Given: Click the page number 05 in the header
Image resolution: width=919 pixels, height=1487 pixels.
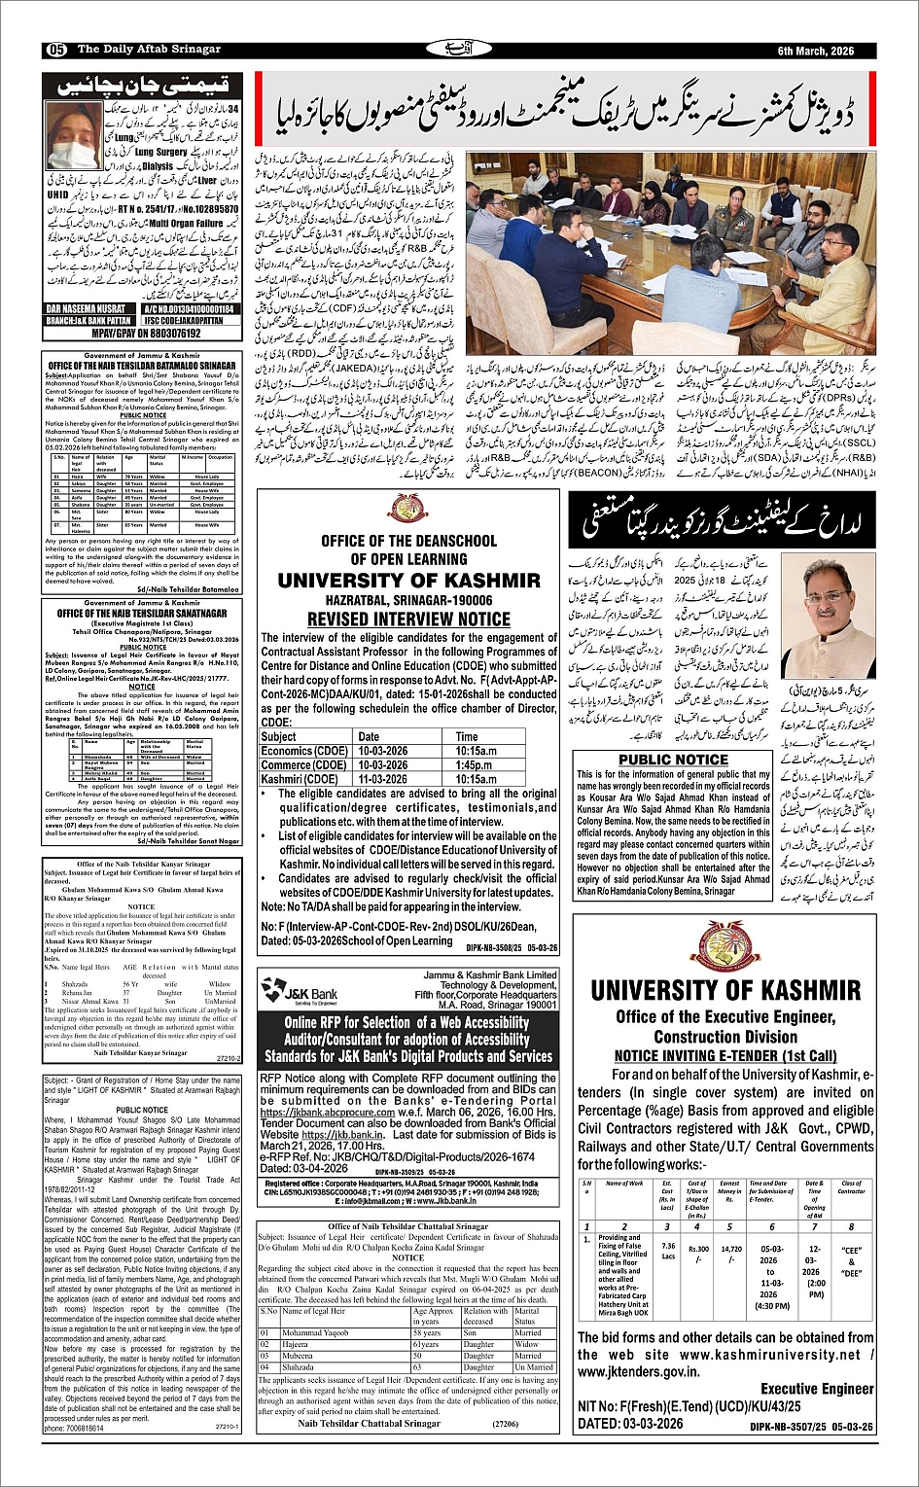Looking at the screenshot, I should tap(55, 50).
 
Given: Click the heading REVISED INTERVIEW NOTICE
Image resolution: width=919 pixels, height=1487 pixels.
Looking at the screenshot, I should tap(408, 619).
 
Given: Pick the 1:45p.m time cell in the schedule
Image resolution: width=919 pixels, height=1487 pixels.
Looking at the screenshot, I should tap(477, 765).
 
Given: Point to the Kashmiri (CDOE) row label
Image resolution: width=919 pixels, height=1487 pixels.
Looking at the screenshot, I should tap(299, 779).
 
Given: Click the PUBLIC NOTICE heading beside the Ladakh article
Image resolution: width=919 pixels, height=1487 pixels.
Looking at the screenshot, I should tap(673, 760).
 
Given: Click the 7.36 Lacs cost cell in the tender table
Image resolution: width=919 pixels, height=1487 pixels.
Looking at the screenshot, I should tap(667, 1250).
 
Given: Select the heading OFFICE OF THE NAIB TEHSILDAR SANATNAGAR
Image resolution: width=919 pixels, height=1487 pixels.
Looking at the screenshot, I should tap(141, 614).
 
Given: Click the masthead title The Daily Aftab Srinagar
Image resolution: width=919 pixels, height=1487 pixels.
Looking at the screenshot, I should tap(149, 50).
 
